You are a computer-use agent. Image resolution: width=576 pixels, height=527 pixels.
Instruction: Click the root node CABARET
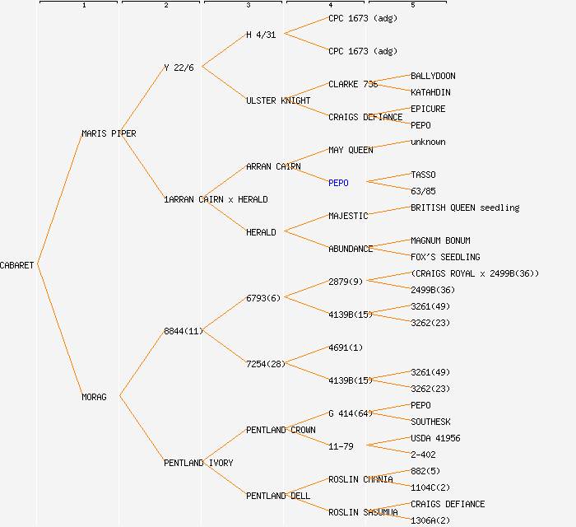17,265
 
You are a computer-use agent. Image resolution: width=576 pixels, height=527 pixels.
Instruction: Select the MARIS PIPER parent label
109,133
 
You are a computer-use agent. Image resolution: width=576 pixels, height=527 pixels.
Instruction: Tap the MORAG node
94,397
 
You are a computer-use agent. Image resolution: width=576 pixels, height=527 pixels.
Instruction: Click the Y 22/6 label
179,68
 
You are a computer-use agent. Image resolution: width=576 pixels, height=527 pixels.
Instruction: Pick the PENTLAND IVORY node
198,463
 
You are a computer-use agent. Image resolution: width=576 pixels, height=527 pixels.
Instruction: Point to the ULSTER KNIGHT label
278,100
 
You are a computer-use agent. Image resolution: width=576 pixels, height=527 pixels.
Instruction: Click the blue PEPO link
338,183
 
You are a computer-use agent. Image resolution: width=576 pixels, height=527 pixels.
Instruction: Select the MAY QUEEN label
351,150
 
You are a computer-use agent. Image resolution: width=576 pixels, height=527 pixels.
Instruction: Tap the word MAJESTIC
348,216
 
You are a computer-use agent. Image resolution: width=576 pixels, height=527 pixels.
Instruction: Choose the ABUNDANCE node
351,249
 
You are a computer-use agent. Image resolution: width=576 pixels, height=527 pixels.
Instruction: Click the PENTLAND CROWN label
281,430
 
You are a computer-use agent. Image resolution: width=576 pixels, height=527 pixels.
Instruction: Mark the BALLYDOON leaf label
433,76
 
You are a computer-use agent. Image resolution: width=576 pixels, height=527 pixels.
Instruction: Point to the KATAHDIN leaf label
430,92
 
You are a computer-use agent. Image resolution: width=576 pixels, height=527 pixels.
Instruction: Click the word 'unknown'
428,142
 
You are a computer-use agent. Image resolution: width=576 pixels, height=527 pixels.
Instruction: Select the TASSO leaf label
423,175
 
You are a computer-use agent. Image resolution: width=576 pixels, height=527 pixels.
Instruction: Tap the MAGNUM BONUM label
440,240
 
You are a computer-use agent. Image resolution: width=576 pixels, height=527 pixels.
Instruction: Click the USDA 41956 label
435,438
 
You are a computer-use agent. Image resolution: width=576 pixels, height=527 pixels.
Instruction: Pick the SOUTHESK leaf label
430,422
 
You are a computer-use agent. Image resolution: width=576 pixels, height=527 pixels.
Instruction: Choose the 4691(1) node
346,347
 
